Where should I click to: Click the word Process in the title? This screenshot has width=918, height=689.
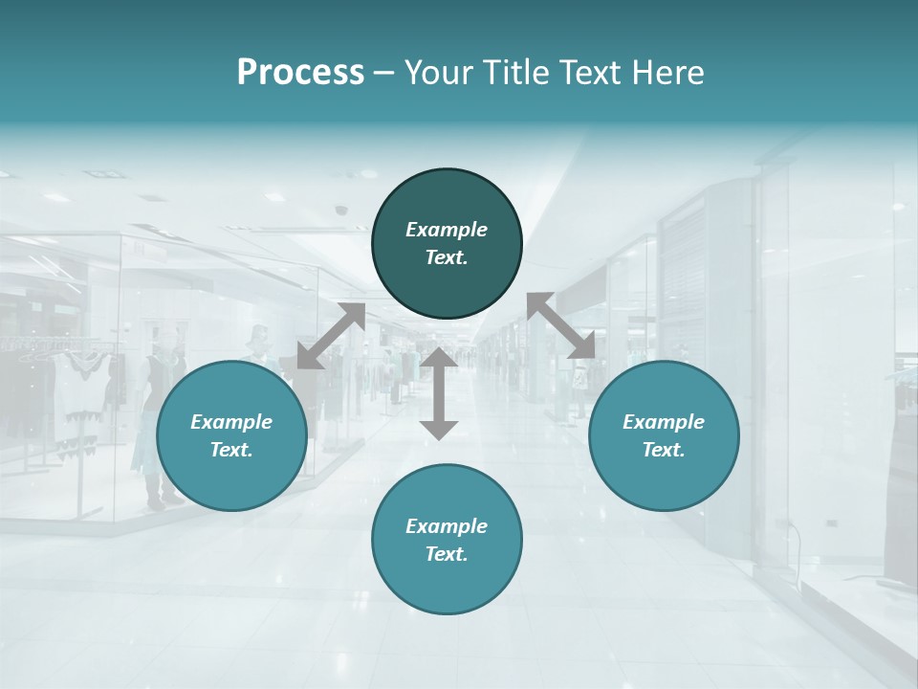pos(300,73)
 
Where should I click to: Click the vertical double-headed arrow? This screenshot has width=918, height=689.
pos(439,393)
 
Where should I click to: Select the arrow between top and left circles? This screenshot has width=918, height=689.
pos(331,336)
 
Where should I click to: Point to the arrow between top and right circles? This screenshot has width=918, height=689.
pos(560,326)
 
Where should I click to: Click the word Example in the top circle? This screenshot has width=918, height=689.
pos(447,230)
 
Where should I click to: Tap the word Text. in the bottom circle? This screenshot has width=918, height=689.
pos(447,554)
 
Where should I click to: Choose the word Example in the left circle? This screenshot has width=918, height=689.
pos(231,422)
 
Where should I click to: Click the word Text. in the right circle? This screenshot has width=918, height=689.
pos(664,450)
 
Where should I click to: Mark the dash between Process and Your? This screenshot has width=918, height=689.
pos(383,73)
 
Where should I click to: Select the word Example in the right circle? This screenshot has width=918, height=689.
pos(664,422)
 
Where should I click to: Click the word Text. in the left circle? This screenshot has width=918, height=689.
pos(231,450)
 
